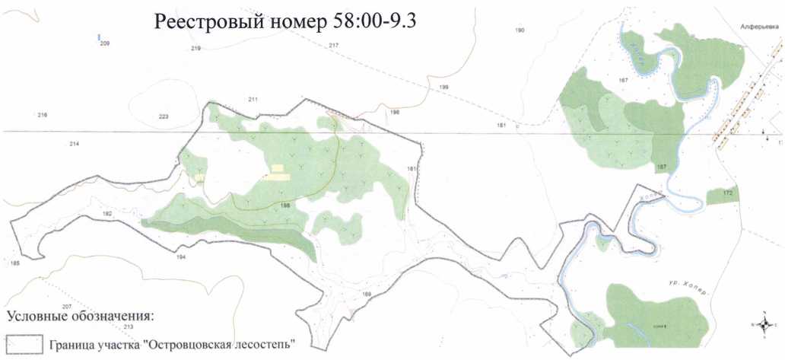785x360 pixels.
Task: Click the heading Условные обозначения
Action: click(x=80, y=316)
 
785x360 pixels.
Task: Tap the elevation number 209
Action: click(x=104, y=44)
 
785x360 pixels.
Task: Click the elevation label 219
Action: click(x=195, y=49)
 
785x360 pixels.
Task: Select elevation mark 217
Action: click(x=333, y=46)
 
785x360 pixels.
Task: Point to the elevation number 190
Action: click(x=520, y=30)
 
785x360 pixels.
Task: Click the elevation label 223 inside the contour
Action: click(x=163, y=116)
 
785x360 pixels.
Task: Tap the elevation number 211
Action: click(x=253, y=100)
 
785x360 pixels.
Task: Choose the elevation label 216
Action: click(x=42, y=115)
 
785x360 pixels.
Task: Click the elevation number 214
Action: click(x=74, y=144)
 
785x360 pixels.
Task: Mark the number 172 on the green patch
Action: click(x=727, y=193)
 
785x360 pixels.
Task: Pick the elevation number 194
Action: click(x=180, y=258)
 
